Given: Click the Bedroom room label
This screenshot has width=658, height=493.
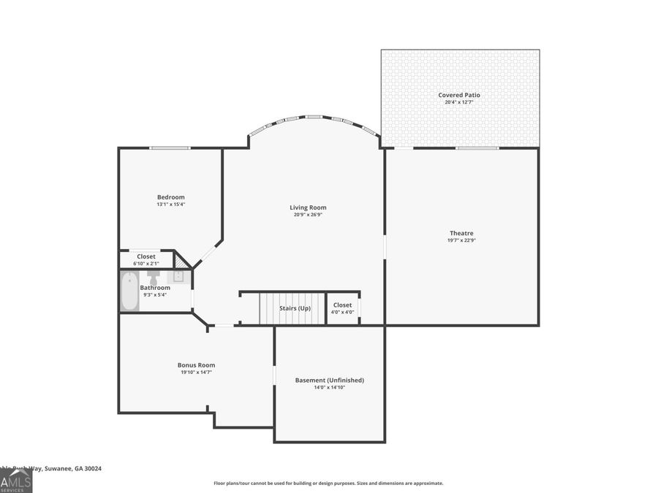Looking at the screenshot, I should (x=170, y=197).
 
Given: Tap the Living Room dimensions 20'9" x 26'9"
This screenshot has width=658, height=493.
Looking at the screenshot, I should (x=308, y=215).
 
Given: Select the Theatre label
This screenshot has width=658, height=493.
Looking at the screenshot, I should (x=462, y=233).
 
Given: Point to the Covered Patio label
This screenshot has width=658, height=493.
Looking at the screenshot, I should (x=459, y=95).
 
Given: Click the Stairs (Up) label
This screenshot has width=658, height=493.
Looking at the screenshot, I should (x=295, y=308).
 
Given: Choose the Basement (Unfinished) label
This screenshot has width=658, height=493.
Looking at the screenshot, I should (x=329, y=380).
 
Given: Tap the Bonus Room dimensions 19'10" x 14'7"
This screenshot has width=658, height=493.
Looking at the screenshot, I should (x=196, y=372).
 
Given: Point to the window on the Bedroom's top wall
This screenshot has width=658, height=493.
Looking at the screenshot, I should (x=170, y=148).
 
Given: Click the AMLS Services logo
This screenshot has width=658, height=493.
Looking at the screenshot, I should (x=15, y=481).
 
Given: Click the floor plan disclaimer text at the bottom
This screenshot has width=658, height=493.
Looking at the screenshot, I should (x=328, y=483).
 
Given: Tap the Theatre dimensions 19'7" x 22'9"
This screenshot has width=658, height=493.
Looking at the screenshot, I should (x=462, y=240).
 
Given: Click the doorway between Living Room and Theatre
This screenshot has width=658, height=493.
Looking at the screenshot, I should (x=385, y=246).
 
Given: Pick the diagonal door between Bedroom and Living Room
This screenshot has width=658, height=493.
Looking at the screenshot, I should (x=208, y=253).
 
